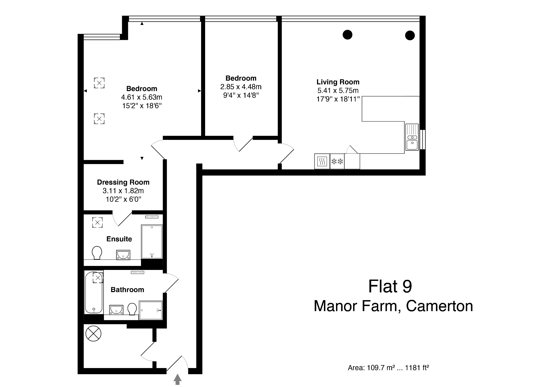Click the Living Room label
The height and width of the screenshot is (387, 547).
pyautogui.click(x=338, y=82)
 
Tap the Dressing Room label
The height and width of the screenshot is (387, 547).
pyautogui.click(x=123, y=182)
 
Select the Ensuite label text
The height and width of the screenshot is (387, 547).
pyautogui.click(x=119, y=239)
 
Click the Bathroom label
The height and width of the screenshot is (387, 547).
pyautogui.click(x=127, y=290)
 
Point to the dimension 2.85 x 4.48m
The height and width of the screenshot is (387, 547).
pyautogui.click(x=241, y=87)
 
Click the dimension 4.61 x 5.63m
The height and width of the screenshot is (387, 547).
pyautogui.click(x=142, y=97)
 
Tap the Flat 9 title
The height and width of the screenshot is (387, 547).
pyautogui.click(x=390, y=287)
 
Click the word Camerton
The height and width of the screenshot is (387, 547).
pyautogui.click(x=439, y=306)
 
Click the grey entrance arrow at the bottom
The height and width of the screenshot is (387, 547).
pyautogui.click(x=178, y=379)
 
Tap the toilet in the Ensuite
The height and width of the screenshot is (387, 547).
pyautogui.click(x=97, y=253)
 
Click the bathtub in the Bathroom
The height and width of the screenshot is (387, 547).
pyautogui.click(x=93, y=293)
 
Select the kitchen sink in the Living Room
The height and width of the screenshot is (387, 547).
pyautogui.click(x=412, y=137)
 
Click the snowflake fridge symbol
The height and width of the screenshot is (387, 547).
pyautogui.click(x=337, y=161)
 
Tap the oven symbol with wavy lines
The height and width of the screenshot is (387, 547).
pyautogui.click(x=322, y=161)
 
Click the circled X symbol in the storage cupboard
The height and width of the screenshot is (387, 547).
pyautogui.click(x=93, y=334)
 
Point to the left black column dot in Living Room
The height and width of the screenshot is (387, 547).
pyautogui.click(x=347, y=34)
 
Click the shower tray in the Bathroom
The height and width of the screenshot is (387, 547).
pyautogui.click(x=151, y=310)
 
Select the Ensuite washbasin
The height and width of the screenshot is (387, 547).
pyautogui.click(x=123, y=255)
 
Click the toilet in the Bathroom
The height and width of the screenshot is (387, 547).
pyautogui.click(x=132, y=309)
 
